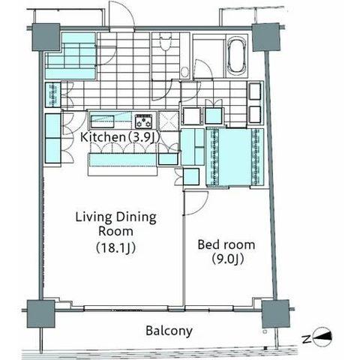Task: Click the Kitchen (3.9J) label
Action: point(119,137)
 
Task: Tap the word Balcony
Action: point(169,331)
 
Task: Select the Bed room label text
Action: point(226,244)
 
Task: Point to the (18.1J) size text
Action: point(115,247)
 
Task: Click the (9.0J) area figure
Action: point(227,259)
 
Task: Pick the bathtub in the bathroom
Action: point(237,55)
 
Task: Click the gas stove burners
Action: point(143,121)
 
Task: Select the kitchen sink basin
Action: point(103,121)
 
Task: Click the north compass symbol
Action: point(322,337)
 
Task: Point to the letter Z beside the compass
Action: point(306,340)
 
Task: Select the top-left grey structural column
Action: point(46,37)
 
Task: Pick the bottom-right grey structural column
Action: point(276,314)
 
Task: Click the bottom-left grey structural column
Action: point(41,313)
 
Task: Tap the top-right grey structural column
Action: point(265,37)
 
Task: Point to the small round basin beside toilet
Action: point(185,72)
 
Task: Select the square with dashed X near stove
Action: point(169,121)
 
